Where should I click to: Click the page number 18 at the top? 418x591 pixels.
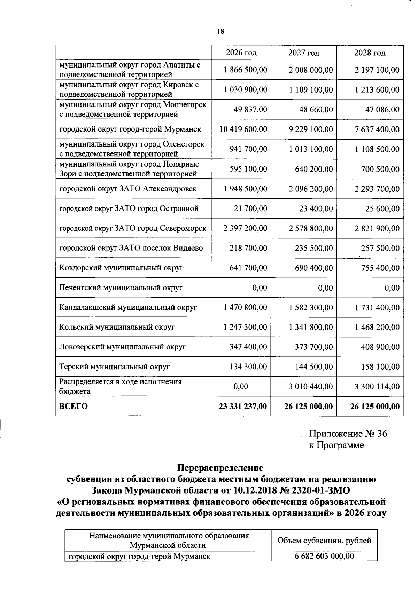click(220, 31)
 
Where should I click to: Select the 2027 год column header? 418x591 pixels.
click(303, 53)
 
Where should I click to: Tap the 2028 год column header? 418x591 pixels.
click(370, 53)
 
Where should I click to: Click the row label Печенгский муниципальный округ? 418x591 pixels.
click(121, 288)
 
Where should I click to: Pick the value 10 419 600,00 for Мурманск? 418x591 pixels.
click(243, 129)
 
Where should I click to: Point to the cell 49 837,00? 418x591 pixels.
click(250, 110)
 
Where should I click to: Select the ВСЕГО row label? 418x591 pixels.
click(73, 406)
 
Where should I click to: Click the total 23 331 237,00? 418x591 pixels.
click(243, 406)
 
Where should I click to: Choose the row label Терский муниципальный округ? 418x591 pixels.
click(114, 367)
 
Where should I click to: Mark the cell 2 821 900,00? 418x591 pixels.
click(377, 228)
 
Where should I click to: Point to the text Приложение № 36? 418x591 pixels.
click(348, 434)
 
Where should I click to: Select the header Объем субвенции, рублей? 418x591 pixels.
click(324, 541)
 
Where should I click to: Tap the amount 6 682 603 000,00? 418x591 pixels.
click(324, 556)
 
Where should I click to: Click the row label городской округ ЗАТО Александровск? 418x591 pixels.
click(128, 189)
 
